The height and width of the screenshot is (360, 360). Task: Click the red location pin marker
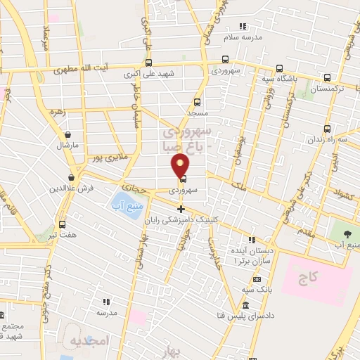point(181,166)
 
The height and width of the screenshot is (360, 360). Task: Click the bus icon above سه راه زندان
point(327,129)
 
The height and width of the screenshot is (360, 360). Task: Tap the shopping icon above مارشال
point(67,134)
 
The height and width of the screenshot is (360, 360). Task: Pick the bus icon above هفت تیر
point(63,224)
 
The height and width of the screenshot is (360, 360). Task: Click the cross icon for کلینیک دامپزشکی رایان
point(181,209)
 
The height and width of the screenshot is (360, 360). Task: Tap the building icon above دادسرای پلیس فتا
point(245,305)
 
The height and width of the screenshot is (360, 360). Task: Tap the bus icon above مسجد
point(197,102)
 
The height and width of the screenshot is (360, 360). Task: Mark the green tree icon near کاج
point(348,233)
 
